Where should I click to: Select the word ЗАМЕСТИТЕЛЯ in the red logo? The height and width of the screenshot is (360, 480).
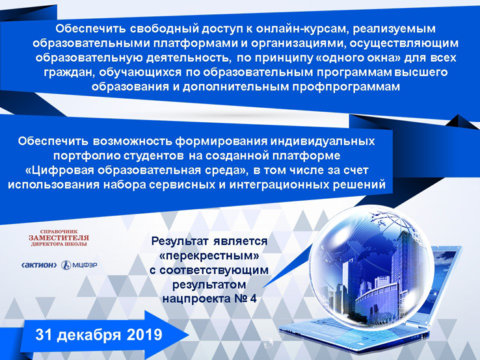coord(59,238)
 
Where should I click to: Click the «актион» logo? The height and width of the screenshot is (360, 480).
coord(39,265)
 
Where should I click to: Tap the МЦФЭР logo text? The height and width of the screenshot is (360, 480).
coord(85,265)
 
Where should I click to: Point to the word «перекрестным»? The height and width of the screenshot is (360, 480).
coord(209,255)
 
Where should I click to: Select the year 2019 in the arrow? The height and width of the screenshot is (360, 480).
coord(144,335)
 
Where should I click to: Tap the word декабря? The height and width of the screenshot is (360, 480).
coord(88,335)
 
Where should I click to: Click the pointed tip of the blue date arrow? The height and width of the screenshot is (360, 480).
coord(189,335)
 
